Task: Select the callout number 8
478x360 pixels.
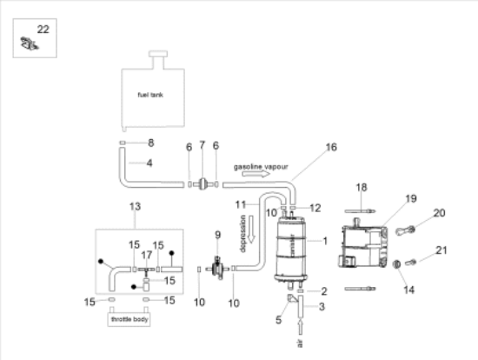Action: click(x=150, y=142)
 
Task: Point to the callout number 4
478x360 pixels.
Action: click(x=149, y=163)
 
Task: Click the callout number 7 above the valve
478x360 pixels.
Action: click(x=202, y=145)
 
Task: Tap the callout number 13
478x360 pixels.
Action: click(x=134, y=206)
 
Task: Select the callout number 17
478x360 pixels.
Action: click(x=146, y=255)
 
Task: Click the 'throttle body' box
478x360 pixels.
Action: click(x=129, y=319)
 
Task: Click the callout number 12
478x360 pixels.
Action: click(x=315, y=208)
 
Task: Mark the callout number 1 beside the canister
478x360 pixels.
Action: click(x=324, y=240)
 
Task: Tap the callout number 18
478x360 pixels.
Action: click(x=362, y=187)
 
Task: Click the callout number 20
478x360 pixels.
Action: click(x=439, y=213)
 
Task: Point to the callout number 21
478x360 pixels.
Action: click(x=440, y=251)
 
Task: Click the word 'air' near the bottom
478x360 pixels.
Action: click(x=300, y=343)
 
